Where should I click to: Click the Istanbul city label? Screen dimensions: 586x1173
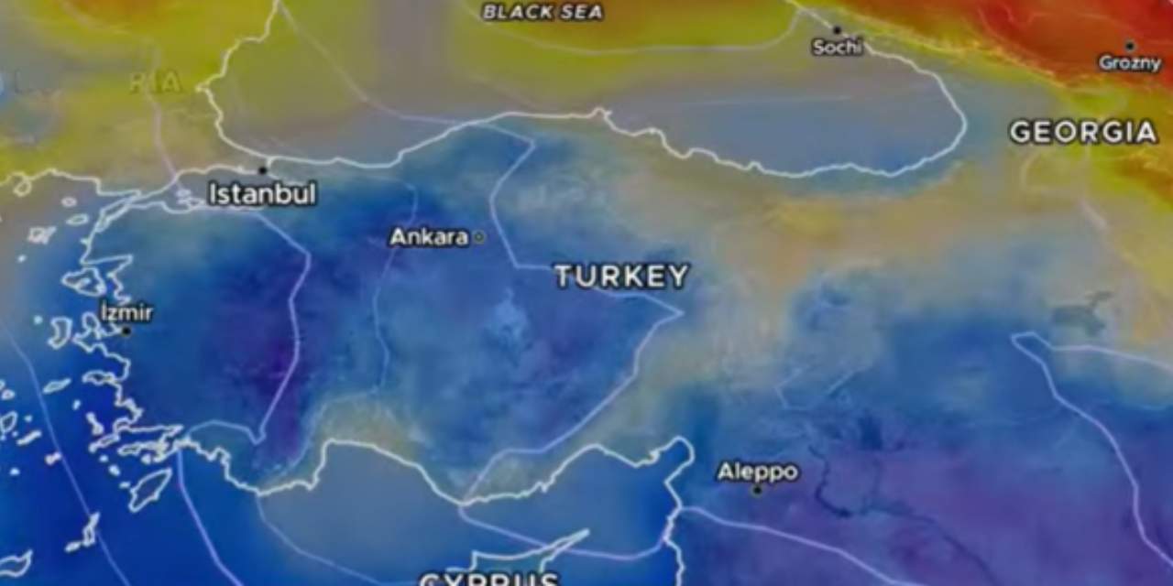click(x=262, y=194)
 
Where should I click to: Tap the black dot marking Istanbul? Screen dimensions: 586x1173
click(x=262, y=170)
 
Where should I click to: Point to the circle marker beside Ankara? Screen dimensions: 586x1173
click(x=478, y=237)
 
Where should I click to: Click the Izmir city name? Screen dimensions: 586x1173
click(x=126, y=313)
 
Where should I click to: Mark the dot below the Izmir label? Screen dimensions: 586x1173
click(x=126, y=331)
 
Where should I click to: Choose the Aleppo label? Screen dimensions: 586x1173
click(x=757, y=472)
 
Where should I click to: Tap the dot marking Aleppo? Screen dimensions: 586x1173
click(x=757, y=490)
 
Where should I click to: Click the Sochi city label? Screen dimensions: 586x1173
click(x=838, y=47)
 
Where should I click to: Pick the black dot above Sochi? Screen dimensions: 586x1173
click(x=837, y=30)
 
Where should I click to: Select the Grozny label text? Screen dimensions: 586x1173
click(x=1130, y=63)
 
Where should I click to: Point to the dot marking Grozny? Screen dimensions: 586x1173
click(x=1130, y=46)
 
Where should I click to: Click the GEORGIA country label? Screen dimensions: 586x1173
click(x=1083, y=133)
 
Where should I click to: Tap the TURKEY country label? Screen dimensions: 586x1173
click(x=621, y=277)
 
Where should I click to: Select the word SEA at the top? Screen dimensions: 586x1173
click(x=584, y=12)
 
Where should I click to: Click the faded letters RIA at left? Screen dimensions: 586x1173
click(x=154, y=82)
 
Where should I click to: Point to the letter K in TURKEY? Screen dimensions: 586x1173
click(x=632, y=277)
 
